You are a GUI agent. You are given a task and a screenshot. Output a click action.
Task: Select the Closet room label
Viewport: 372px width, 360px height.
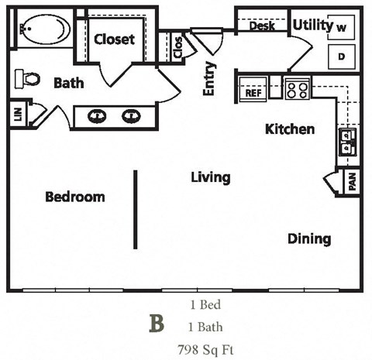(114, 39)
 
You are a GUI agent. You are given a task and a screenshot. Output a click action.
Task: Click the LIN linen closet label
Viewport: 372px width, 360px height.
(17, 114)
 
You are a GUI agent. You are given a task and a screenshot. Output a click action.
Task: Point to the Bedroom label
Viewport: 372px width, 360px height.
(74, 197)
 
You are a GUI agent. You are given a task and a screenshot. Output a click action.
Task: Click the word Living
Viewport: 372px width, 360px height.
(210, 177)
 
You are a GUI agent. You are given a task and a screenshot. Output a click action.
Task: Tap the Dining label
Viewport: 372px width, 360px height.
(309, 238)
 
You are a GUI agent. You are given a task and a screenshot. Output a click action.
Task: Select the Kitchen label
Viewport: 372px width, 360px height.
(290, 129)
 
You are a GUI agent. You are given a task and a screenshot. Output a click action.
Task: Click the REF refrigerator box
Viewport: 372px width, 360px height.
(253, 92)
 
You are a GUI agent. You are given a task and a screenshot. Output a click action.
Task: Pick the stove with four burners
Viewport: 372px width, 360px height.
(297, 89)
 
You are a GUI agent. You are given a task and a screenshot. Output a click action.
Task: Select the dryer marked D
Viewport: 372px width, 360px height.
(341, 57)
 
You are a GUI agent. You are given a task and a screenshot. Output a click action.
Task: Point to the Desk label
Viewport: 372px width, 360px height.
(262, 26)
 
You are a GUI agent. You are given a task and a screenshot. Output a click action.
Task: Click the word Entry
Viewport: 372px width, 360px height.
(209, 79)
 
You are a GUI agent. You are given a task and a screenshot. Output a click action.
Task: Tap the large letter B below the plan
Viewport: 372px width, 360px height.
(157, 324)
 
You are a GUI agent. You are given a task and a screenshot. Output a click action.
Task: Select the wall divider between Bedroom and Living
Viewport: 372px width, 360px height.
(136, 209)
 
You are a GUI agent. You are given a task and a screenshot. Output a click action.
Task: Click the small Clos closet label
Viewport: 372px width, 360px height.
(177, 48)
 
